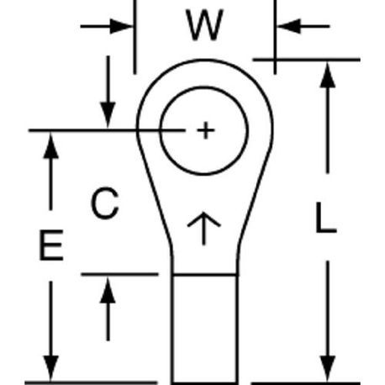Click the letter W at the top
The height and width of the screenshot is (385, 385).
point(205,25)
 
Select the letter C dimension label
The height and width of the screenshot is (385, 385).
point(105,203)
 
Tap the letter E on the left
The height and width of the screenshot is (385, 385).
point(51,245)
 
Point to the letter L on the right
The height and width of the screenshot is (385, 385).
point(325,217)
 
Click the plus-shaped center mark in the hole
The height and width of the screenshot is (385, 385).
point(206,130)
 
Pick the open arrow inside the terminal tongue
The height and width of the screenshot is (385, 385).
point(204,229)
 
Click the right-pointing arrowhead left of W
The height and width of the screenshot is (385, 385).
point(121,27)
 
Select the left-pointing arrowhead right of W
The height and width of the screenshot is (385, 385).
point(288,27)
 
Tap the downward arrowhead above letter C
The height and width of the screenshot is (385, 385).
point(108,115)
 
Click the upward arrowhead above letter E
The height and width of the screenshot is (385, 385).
point(51,145)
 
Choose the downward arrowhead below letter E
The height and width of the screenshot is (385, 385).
point(51,368)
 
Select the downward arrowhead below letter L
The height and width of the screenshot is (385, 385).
point(328,368)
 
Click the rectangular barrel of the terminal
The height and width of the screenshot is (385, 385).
point(204,329)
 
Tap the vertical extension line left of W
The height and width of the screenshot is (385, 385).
point(134,37)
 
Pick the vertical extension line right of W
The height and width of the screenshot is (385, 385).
point(275,37)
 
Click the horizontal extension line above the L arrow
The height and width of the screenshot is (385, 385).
point(306,60)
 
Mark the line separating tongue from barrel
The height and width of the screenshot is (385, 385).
point(204,275)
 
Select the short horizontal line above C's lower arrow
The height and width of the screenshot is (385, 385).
point(119,274)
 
